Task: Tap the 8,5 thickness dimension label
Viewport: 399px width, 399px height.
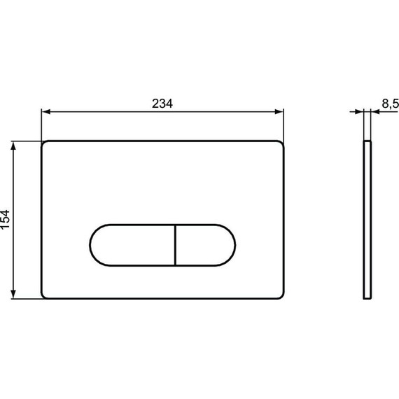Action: coord(389,103)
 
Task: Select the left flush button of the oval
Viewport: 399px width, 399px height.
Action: coord(131,245)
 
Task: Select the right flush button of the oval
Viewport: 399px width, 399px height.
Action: coord(204,245)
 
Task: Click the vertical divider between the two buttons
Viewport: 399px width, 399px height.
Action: coord(173,245)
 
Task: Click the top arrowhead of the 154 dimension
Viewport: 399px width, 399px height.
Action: coord(15,145)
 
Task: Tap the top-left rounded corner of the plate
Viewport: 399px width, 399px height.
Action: coord(45,145)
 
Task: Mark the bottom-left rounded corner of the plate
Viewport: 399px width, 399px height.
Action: coord(45,295)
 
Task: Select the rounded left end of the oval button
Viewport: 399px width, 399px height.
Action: coord(92,245)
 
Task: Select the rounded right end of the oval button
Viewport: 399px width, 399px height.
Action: coord(234,245)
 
